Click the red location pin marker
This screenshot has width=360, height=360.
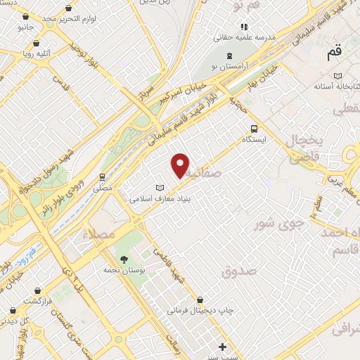coord(181,165)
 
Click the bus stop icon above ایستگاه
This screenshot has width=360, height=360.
coord(254,129)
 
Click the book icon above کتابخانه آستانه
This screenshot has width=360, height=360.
coord(338,75)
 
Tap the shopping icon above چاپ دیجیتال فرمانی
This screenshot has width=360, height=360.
coord(200,298)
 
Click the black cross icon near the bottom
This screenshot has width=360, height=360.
coord(223,347)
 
